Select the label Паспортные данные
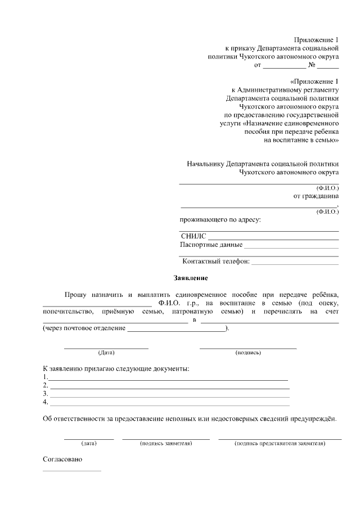[211, 245]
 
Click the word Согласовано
[62, 460]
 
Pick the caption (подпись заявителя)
[166, 444]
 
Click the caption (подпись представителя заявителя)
[280, 444]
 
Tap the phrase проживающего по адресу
[220, 219]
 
